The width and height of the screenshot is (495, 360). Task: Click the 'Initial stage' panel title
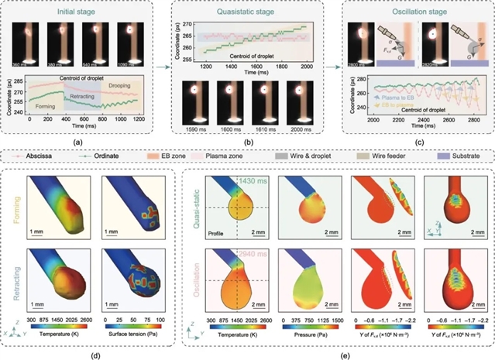tap(84, 12)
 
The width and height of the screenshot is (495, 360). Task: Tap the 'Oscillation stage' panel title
tap(412, 12)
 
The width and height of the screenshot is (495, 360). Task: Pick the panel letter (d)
tap(93, 351)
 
